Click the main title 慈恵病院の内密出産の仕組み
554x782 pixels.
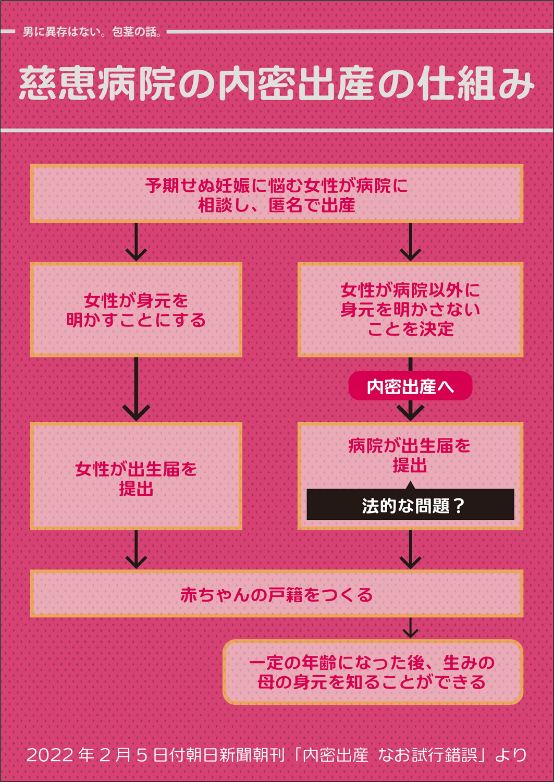coord(276,83)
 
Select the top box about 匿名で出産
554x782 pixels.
coord(276,194)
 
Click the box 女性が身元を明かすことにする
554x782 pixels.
coord(136,310)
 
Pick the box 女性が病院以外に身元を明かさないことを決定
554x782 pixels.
coord(410,310)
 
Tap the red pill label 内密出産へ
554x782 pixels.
coord(410,386)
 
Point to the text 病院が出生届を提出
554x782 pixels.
coord(410,455)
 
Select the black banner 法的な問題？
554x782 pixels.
coord(410,505)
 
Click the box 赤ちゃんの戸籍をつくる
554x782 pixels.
coord(276,594)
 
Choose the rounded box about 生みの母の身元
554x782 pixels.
coord(372,672)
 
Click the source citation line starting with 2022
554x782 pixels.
coord(276,754)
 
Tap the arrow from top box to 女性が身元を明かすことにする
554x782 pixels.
coord(136,243)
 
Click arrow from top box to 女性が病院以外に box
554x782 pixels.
coord(410,243)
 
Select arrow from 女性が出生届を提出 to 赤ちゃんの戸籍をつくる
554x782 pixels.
coord(136,550)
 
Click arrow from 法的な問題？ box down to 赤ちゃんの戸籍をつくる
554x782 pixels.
coord(410,550)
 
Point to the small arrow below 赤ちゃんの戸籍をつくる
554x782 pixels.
coord(410,628)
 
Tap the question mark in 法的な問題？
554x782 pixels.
coord(459,505)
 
